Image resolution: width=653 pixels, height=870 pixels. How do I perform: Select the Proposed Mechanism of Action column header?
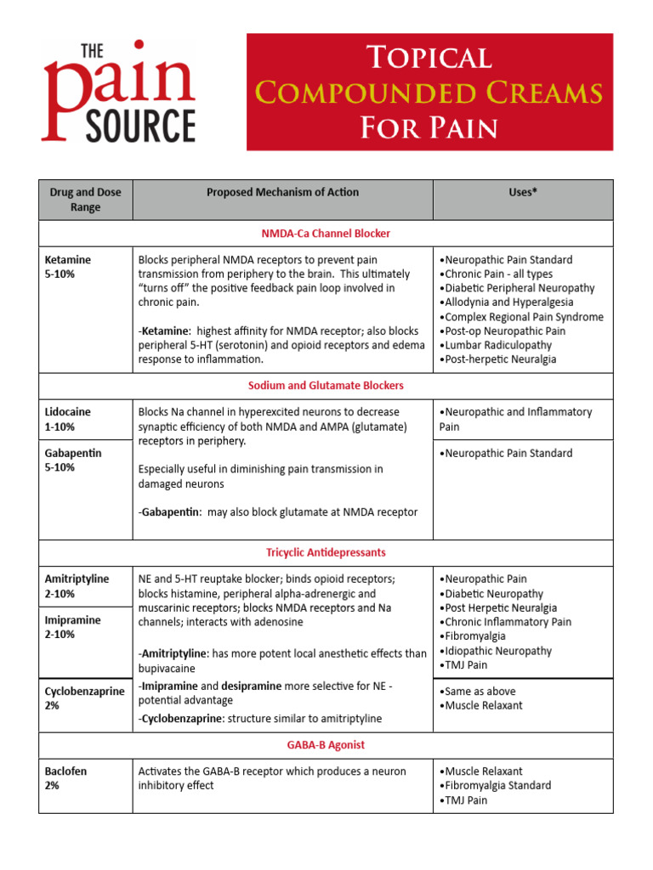coord(282,193)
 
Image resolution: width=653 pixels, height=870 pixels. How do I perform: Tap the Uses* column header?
coord(522,193)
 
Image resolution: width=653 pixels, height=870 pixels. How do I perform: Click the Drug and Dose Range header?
coord(85,200)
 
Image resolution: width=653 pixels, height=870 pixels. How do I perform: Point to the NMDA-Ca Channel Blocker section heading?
coord(326,233)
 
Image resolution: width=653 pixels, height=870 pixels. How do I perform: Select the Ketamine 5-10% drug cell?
coord(68,267)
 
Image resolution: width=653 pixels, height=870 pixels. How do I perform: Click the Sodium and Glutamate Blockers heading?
coord(326,386)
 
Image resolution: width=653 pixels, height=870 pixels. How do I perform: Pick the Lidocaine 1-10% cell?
coord(68,419)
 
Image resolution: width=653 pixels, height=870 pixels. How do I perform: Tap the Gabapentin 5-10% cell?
coord(72,460)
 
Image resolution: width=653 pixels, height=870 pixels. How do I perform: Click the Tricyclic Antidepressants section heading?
coord(326,553)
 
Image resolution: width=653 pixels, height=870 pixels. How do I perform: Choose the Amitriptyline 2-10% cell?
coord(77,586)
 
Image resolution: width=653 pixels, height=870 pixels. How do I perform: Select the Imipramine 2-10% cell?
coord(72,627)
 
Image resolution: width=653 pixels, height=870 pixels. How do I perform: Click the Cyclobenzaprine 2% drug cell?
coord(84,698)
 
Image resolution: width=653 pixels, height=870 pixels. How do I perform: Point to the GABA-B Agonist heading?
coord(326,745)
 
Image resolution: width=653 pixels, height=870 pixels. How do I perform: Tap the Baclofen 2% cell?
coord(65,778)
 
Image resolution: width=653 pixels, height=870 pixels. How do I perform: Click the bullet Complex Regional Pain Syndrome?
coord(521,317)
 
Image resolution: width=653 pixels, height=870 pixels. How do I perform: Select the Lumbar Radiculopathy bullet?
coord(496,345)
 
